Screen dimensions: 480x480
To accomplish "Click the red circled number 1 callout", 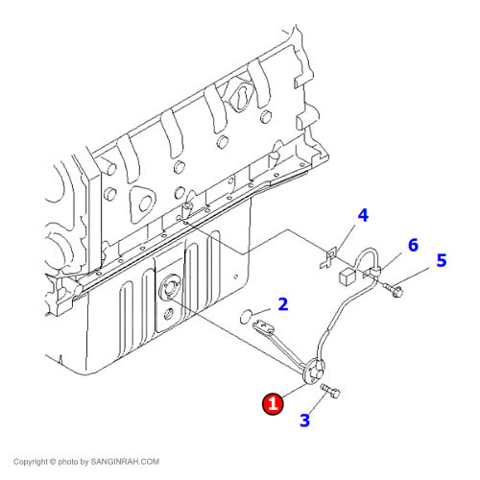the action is coord(273,404).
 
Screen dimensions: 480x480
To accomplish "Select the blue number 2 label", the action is coord(283,304).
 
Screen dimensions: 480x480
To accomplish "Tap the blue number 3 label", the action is coord(305,420).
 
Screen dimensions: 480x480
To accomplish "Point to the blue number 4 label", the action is coord(363,215).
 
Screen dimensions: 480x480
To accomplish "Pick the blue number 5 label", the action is coord(442,260).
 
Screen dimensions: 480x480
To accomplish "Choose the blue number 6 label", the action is coord(413,245).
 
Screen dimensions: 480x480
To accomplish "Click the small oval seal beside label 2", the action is coord(246,316).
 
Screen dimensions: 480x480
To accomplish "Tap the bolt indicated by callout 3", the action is coord(330,391).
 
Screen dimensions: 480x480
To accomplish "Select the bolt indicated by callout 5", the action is coord(393,289).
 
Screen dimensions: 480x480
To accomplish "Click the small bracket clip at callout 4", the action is coord(328,258).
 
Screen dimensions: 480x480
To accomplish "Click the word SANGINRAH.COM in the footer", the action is coord(125,462).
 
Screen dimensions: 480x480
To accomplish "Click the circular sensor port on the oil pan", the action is coord(170,285).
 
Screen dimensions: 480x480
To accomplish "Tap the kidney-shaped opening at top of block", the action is coord(241,95).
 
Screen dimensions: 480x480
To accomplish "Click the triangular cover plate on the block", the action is coord(142,203).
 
